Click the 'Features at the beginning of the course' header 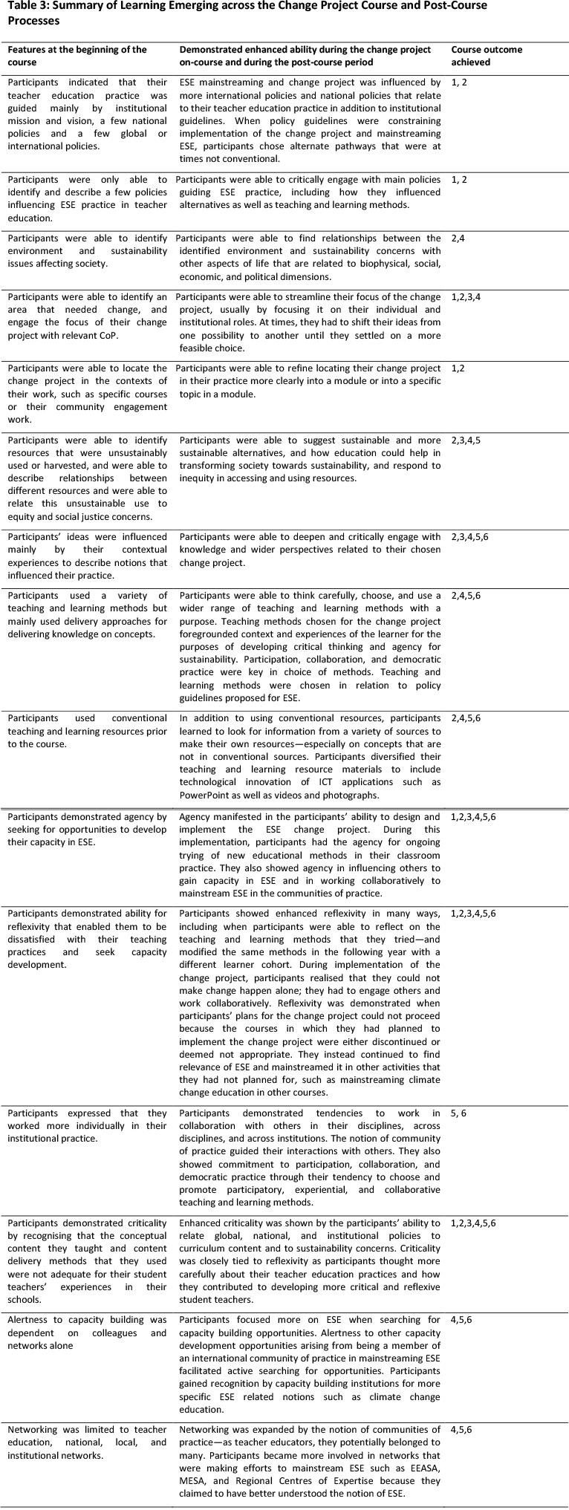pos(77,56)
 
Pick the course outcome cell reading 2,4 pos(459,238)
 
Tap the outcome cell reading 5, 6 pos(461,1113)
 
